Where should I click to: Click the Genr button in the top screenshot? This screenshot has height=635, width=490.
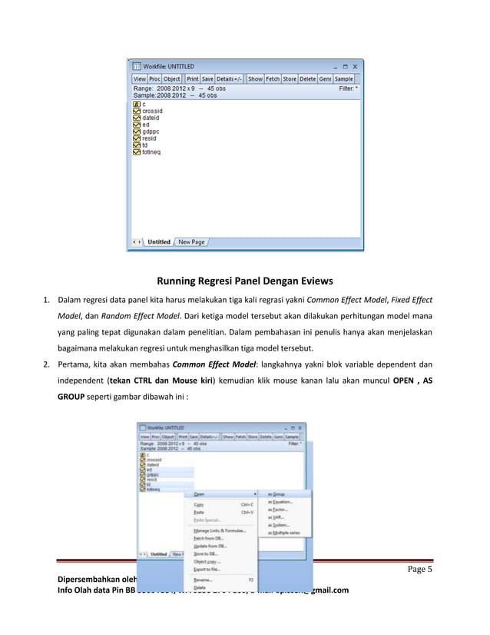326,78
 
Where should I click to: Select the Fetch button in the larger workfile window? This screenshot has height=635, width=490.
273,78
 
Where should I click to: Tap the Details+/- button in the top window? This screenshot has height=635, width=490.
229,78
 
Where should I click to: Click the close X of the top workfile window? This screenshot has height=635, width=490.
356,67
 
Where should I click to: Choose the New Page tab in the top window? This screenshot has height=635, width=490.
191,242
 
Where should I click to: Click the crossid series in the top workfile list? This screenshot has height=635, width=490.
152,111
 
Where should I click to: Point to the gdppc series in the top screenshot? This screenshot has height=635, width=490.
151,131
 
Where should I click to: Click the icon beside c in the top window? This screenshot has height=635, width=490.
136,104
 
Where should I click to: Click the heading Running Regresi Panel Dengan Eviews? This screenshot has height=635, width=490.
244,281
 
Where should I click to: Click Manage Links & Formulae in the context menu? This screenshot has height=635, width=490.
220,530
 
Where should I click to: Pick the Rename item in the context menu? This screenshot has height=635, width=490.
204,580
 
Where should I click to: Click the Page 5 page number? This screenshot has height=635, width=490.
419,570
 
